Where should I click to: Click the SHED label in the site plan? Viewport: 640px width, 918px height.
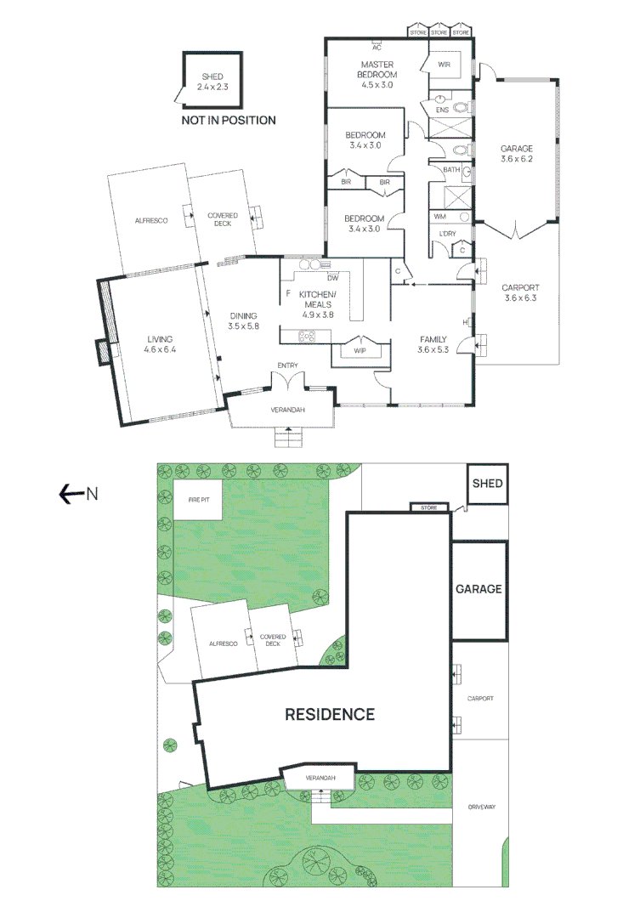pos(487,484)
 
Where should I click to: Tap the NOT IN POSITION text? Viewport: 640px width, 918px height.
pos(229,121)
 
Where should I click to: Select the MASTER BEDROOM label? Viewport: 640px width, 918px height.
pos(378,74)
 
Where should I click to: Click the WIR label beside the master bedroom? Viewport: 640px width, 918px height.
pos(444,65)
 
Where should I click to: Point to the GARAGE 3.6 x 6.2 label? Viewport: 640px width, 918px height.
pos(516,154)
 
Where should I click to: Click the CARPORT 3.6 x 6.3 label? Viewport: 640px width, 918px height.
pos(521,292)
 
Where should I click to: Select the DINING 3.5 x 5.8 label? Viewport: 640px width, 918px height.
pos(242,320)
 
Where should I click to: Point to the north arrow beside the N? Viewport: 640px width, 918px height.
pos(70,493)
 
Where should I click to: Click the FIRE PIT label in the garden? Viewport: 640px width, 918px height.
pos(198,500)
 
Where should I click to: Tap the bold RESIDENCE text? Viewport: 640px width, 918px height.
pos(329,714)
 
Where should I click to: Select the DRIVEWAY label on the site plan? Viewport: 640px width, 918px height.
pos(480,807)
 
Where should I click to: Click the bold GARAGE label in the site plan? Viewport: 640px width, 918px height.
pos(479,589)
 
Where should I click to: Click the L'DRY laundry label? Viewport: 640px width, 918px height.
pos(445,234)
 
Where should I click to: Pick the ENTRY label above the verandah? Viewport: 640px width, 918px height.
pos(287,365)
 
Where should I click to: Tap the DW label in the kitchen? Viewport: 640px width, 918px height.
pos(332,278)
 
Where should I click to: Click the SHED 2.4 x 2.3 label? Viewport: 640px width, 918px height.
pos(207,82)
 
